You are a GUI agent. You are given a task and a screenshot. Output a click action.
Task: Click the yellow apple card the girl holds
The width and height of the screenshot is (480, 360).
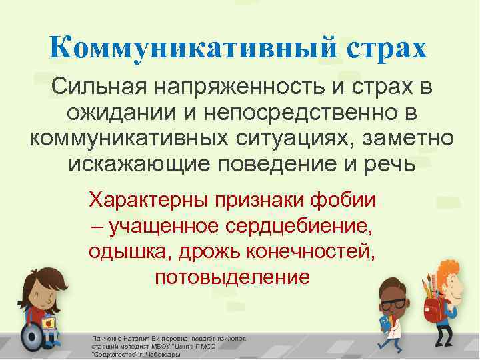pos(48,323)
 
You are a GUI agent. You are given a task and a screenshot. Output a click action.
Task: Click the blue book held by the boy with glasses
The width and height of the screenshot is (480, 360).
pos(385,326)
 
